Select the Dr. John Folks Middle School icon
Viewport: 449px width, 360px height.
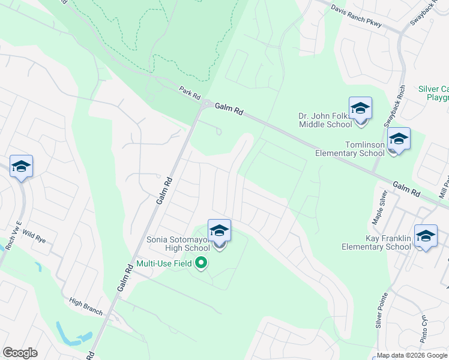pyautogui.click(x=360, y=109)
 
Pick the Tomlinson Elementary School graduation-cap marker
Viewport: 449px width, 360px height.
pyautogui.click(x=399, y=140)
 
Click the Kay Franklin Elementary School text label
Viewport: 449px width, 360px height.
pyautogui.click(x=376, y=243)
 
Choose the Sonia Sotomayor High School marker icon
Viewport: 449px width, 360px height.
pyautogui.click(x=219, y=231)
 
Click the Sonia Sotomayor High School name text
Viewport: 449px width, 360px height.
pyautogui.click(x=178, y=244)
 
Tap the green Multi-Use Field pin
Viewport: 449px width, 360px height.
pyautogui.click(x=202, y=263)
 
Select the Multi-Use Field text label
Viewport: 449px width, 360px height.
pyautogui.click(x=164, y=263)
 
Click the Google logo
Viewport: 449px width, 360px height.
pyautogui.click(x=20, y=353)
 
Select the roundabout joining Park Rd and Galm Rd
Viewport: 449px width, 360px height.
pyautogui.click(x=206, y=104)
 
